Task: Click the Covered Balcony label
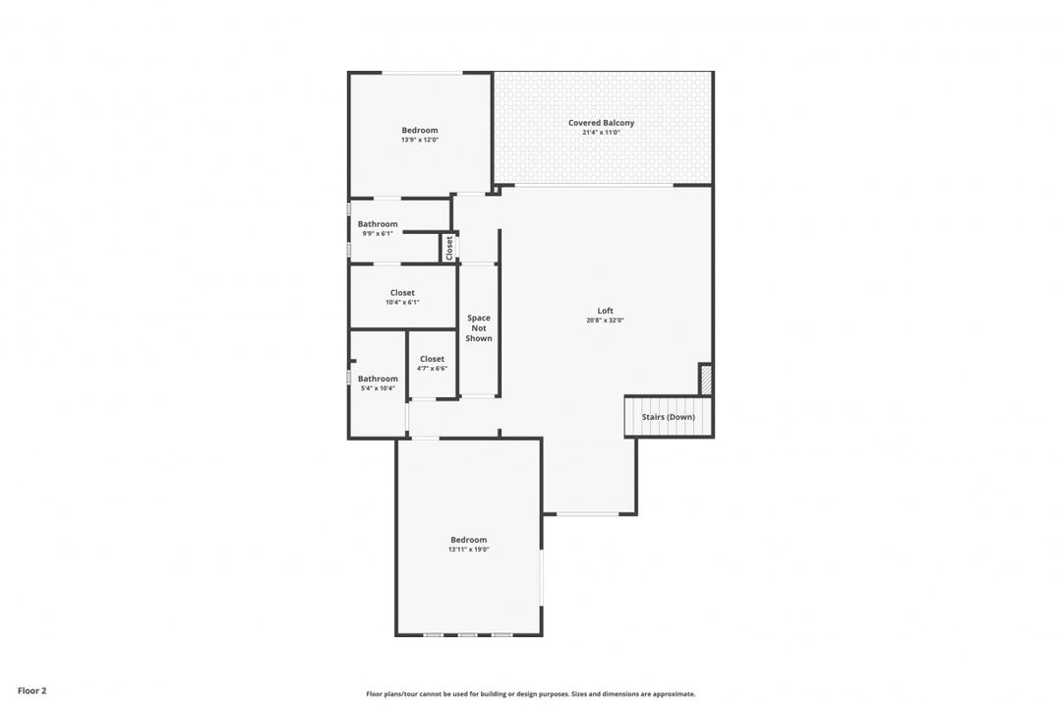601,123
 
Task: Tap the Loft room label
605,311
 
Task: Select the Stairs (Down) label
668,417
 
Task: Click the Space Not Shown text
479,328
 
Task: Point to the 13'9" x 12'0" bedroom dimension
420,140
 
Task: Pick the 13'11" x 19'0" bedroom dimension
468,550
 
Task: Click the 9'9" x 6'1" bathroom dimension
378,233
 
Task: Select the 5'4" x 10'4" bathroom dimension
378,388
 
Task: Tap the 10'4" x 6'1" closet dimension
402,302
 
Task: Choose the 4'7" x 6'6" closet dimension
432,369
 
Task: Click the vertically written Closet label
449,247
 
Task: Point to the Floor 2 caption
31,691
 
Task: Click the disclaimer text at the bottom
530,694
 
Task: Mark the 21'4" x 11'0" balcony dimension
601,133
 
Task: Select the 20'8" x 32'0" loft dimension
605,321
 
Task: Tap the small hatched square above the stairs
705,380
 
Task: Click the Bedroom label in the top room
420,130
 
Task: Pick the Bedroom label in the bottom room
468,540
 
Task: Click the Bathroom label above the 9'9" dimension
378,224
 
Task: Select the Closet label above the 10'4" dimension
402,293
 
